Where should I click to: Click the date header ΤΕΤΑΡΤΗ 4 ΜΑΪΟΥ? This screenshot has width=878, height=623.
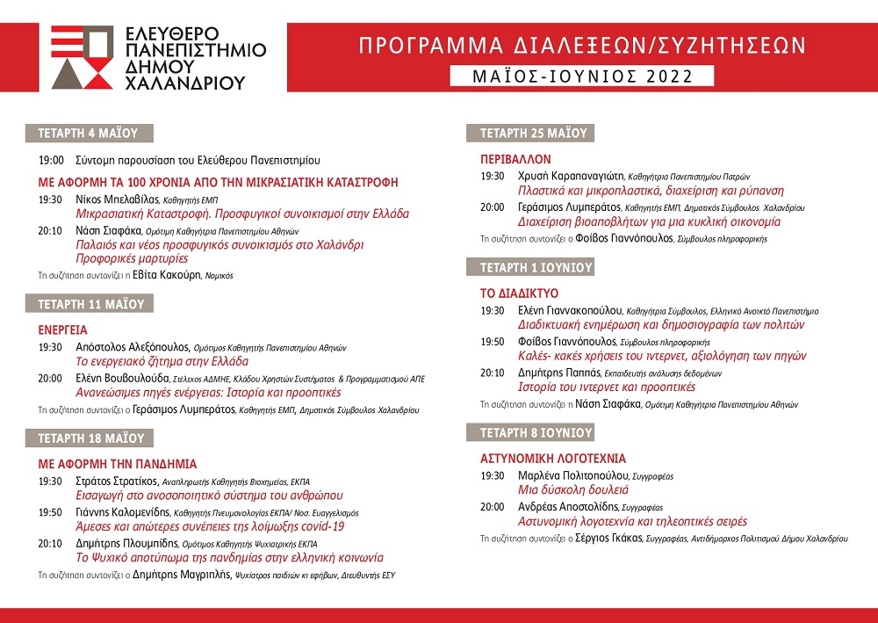(x=89, y=134)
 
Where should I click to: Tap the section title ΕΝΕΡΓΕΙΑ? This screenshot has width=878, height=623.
(x=62, y=330)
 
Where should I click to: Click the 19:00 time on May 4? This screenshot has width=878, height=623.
(x=51, y=161)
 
